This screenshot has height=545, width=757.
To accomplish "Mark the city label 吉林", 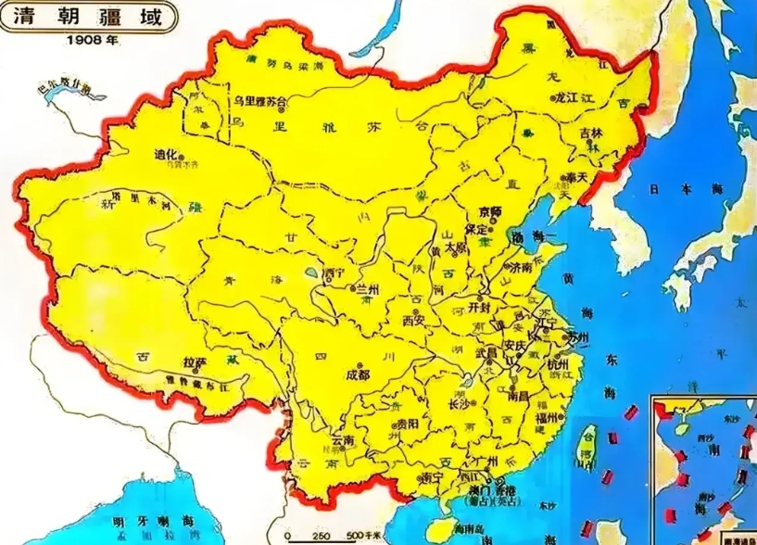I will [590, 133].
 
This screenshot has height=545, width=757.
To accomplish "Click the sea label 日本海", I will [682, 188].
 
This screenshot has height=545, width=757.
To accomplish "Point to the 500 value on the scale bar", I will [356, 536].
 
